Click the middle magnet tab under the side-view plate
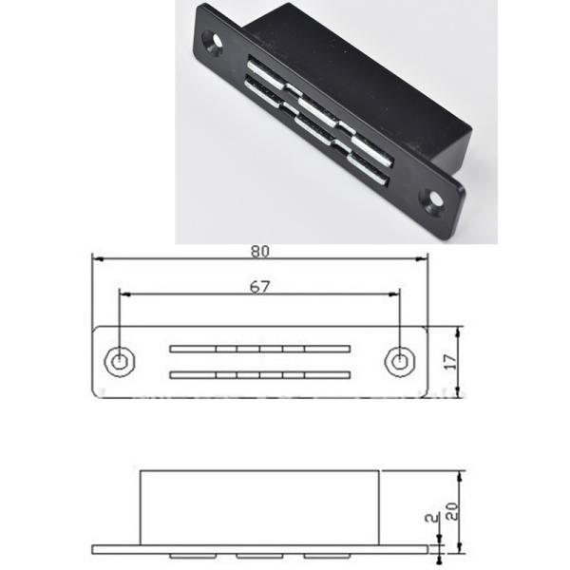256,555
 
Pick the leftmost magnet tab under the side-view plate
188,555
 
